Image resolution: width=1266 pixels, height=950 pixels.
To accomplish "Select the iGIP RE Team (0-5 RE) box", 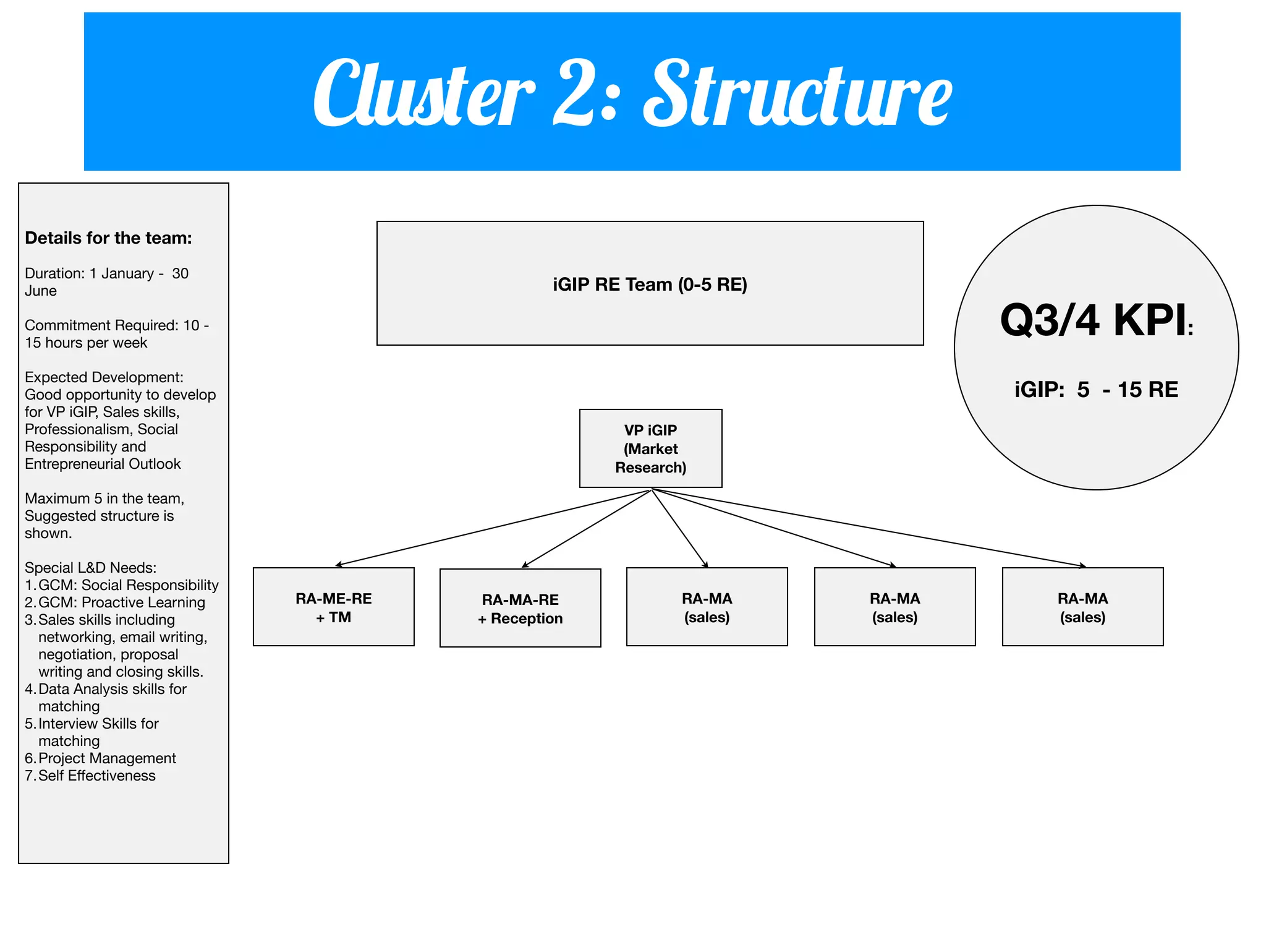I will point(650,284).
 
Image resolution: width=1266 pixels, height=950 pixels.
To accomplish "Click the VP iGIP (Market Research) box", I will point(650,448).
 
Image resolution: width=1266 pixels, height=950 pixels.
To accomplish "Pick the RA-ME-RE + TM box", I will point(333,607).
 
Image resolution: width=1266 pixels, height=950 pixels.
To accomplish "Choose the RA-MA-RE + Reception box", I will point(520,608).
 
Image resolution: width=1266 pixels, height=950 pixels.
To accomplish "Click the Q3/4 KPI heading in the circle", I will point(1095,321).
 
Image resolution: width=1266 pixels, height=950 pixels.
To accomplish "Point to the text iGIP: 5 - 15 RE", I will point(1096,390).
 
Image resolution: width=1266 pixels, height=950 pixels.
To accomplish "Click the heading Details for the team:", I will point(108,238).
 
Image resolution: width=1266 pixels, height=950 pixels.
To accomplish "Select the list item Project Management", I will point(107,758).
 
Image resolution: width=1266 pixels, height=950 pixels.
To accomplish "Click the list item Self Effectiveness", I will point(96,776).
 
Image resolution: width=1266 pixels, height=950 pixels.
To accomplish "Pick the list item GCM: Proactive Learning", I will point(121,602).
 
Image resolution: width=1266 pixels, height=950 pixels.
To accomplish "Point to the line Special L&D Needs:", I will point(90,568).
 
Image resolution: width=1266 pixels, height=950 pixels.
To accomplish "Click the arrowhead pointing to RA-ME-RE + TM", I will point(338,565).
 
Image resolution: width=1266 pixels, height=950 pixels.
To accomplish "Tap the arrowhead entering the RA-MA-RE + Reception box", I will point(525,565).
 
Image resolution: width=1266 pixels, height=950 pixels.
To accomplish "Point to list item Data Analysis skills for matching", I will point(112,690).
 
